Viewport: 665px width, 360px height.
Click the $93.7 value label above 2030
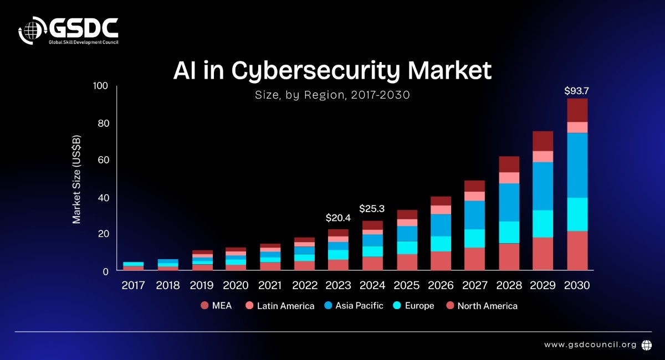(577, 90)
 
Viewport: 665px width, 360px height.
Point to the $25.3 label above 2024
(372, 209)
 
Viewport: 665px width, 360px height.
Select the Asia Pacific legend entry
(353, 306)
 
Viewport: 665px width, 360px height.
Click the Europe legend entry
(414, 306)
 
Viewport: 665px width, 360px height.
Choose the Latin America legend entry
(280, 306)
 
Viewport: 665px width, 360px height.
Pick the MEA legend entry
(216, 306)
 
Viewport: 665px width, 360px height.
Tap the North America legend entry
(482, 306)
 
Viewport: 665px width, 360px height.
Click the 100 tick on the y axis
(100, 86)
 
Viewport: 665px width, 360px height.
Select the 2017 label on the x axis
(133, 286)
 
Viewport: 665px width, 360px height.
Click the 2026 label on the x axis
(441, 286)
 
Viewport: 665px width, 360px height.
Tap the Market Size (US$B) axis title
(76, 179)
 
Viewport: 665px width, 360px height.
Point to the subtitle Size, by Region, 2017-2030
(332, 95)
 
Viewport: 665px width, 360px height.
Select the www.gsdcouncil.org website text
(590, 344)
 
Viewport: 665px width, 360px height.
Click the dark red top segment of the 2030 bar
(577, 110)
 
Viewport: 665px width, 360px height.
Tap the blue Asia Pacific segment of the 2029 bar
(543, 186)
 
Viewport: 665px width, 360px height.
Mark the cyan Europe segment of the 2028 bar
(509, 232)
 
